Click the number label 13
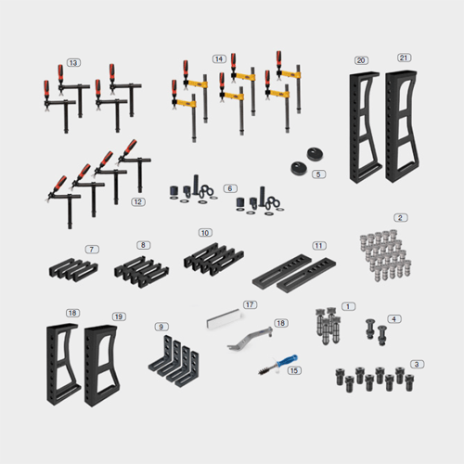pos(73,63)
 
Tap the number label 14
pos(219,58)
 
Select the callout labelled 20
pos(361,60)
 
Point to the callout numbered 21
pos(404,58)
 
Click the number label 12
pos(138,202)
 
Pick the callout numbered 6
pos(230,188)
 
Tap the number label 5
pos(318,174)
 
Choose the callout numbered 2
pos(401,217)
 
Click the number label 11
pos(319,246)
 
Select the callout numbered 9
pos(161,327)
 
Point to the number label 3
pos(417,365)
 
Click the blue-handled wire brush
pos(277,365)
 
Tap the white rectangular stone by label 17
pos(224,318)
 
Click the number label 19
pos(119,316)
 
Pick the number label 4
pos(394,319)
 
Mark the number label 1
pos(348,306)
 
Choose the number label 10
pos(205,233)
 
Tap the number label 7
pos(92,250)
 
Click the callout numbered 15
pos(294,370)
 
